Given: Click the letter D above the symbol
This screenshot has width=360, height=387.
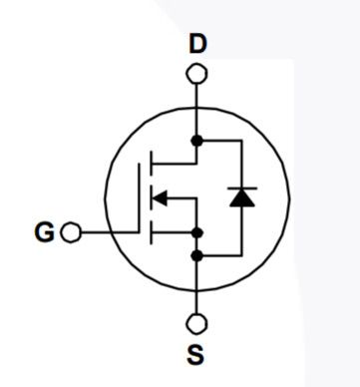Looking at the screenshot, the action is click(x=197, y=44).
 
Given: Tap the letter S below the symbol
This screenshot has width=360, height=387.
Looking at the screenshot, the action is click(x=196, y=354).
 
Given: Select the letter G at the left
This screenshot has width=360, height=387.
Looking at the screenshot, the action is click(x=44, y=232).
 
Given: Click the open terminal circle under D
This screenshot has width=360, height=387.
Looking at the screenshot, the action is click(x=197, y=73).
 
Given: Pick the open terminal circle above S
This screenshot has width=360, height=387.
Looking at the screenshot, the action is click(x=197, y=323).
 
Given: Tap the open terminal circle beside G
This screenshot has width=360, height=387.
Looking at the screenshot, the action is click(x=70, y=232).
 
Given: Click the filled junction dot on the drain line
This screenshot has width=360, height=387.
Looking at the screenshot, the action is click(x=197, y=141).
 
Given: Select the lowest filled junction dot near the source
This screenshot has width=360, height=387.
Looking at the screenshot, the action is click(x=197, y=255).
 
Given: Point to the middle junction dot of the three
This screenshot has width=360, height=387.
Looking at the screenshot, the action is click(x=197, y=233).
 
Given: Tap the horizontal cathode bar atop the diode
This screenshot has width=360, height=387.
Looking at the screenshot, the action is click(x=240, y=187).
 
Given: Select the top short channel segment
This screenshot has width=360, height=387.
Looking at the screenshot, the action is click(x=150, y=160).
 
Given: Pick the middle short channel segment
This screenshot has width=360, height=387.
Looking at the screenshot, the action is click(x=150, y=197).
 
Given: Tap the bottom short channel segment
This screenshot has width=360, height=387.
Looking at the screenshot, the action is click(x=150, y=233).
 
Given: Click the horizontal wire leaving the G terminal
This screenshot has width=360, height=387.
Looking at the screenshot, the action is click(x=105, y=232).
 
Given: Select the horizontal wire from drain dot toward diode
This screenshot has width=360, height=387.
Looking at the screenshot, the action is click(x=219, y=141).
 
